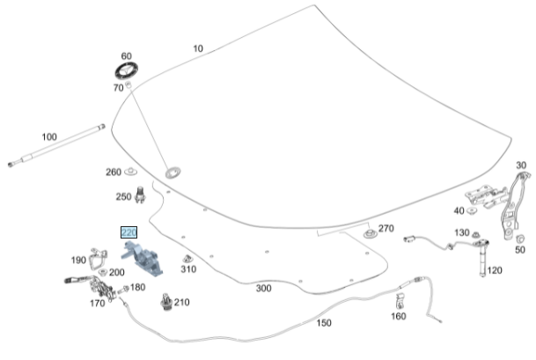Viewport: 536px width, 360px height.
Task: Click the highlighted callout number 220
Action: (129, 234)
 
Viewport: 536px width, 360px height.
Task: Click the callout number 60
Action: (126, 55)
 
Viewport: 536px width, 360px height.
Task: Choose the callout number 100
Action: (48, 136)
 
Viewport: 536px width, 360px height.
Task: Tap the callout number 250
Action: (123, 196)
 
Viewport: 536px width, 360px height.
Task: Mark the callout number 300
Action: (263, 288)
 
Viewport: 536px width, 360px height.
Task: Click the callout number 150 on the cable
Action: (324, 323)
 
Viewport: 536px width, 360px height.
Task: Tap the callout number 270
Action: (385, 229)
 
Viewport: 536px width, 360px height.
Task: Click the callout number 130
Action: (462, 232)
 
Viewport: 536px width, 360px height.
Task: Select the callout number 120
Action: (495, 270)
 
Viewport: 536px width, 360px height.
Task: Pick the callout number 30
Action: (521, 165)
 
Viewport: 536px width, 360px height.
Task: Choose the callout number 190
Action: (78, 260)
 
